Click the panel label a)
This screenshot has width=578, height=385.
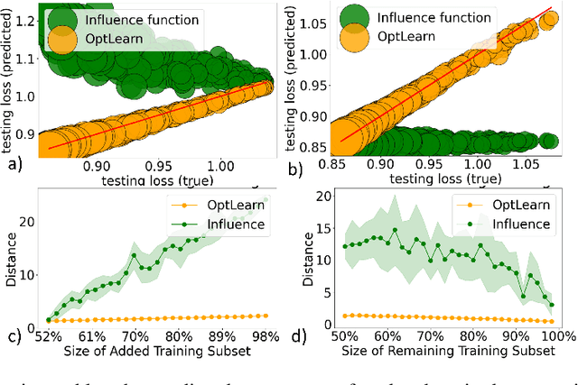click(x=14, y=167)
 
